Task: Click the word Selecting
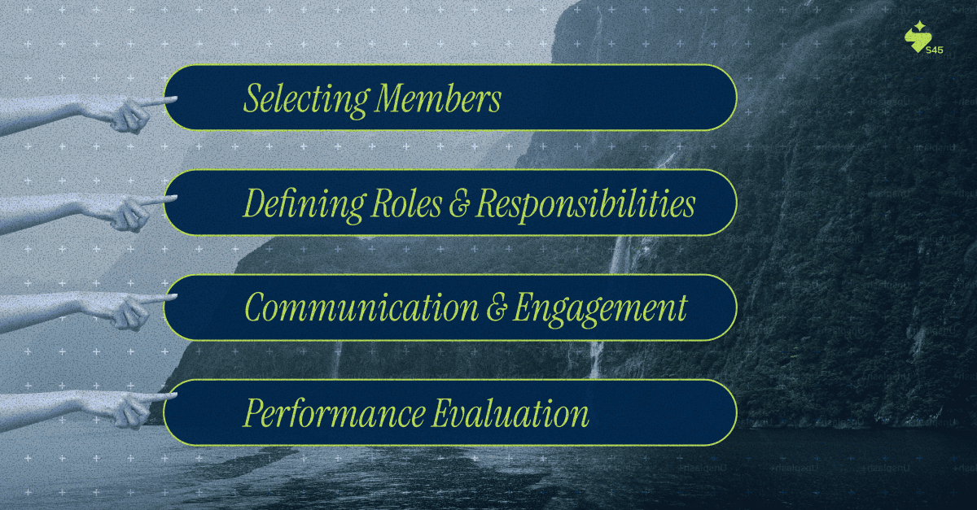tap(305, 99)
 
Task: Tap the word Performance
tap(334, 414)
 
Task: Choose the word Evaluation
tap(510, 414)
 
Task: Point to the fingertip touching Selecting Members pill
tap(173, 100)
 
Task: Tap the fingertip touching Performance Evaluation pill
tap(173, 397)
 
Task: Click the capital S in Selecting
tap(252, 99)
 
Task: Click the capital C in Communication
tap(256, 309)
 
